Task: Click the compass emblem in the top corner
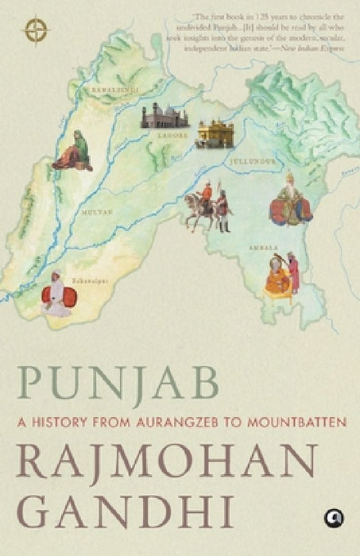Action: pyautogui.click(x=36, y=29)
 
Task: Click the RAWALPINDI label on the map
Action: pyautogui.click(x=114, y=90)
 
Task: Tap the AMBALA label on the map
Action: pyautogui.click(x=254, y=247)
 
